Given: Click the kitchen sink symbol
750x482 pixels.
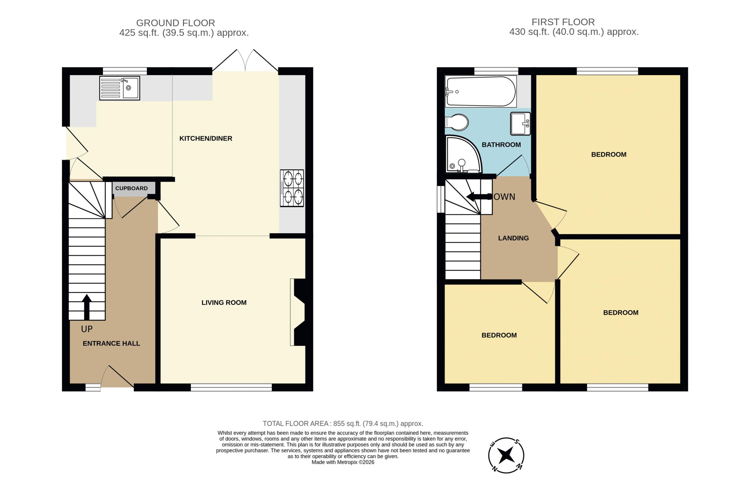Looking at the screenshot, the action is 120,88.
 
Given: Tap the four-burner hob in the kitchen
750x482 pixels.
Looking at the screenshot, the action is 292,188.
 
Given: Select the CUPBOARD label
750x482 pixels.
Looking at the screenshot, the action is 132,188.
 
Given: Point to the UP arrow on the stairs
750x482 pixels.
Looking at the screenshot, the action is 87,307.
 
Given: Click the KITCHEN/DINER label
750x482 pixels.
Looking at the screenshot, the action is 206,138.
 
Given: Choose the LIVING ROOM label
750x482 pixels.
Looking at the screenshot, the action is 224,302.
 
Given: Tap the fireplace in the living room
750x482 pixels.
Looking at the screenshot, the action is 298,312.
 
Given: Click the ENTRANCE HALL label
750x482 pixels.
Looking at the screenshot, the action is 111,343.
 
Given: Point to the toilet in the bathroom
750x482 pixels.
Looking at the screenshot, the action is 456,122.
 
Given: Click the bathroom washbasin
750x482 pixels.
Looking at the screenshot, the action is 520,124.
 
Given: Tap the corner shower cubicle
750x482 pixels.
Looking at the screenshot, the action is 463,154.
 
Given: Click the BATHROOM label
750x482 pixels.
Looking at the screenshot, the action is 501,145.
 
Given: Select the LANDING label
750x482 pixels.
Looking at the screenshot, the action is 514,238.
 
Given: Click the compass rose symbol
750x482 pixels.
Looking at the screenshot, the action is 506,455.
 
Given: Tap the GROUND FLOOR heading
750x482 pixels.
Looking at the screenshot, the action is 175,23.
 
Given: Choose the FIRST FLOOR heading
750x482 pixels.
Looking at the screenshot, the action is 563,22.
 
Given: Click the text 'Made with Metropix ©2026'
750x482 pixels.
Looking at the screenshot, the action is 343,462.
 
